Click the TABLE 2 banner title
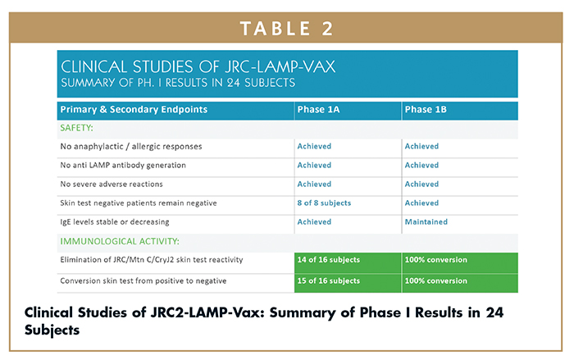coord(287,29)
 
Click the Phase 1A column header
coord(318,110)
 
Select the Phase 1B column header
coord(426,110)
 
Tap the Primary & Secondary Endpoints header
coord(134,110)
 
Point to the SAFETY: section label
coord(76,128)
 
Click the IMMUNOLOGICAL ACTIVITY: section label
coord(120,241)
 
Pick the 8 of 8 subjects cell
coord(324,203)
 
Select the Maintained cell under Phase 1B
coord(426,222)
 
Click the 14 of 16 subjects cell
coord(328,260)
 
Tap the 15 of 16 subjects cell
coord(328,281)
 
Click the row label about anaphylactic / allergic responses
coord(131,147)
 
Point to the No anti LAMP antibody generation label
coord(123,166)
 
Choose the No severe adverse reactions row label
coord(112,185)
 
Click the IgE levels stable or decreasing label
coord(115,222)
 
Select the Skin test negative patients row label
coord(139,203)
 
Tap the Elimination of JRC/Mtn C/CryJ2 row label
coord(152,260)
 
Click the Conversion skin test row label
coord(143,281)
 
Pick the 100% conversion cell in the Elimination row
coord(435,260)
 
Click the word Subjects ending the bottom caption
coord(52,330)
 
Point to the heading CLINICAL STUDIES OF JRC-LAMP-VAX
coord(198,66)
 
